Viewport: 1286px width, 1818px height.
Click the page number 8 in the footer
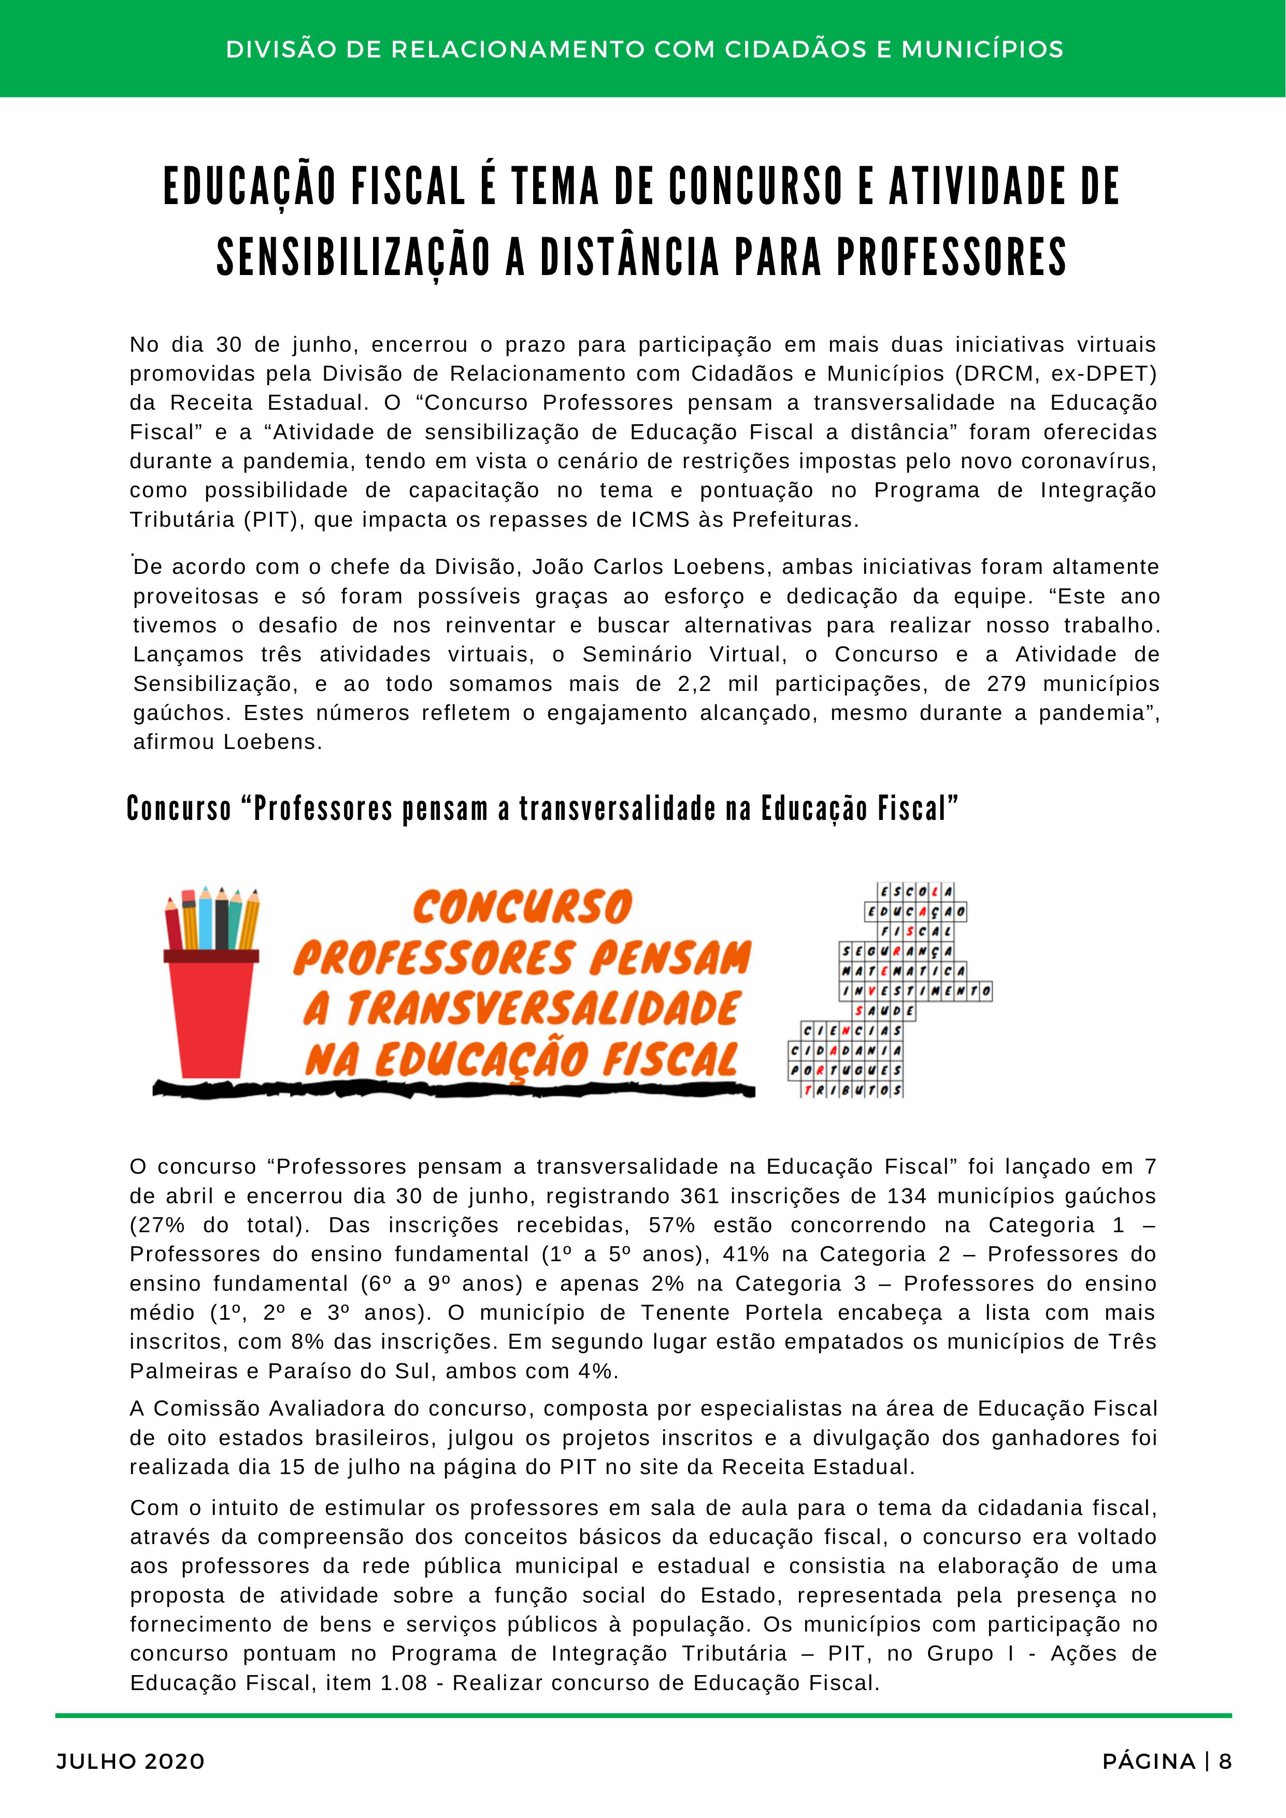tap(1225, 1761)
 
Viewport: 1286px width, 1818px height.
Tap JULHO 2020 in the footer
tap(131, 1761)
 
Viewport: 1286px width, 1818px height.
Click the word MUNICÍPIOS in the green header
tap(982, 49)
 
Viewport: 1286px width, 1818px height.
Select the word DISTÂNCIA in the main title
tap(630, 257)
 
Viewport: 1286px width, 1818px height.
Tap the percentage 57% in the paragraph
tap(671, 1225)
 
